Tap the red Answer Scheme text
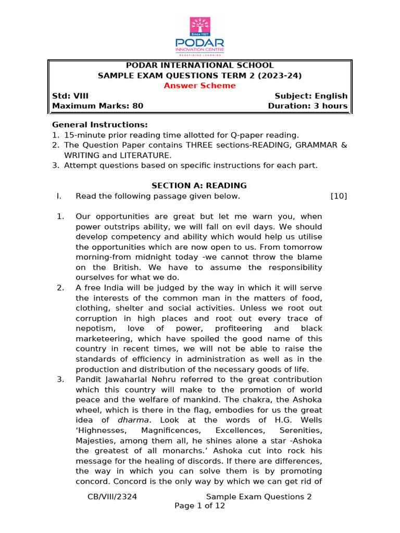point(199,85)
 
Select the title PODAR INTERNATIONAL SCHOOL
point(200,65)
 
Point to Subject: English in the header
point(311,96)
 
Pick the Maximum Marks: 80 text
point(97,106)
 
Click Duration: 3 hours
point(307,106)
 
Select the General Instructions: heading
point(100,125)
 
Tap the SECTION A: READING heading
point(199,186)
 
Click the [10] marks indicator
point(339,196)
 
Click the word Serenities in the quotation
point(300,430)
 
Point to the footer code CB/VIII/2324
point(113,497)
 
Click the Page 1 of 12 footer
point(199,506)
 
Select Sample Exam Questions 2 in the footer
point(259,497)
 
